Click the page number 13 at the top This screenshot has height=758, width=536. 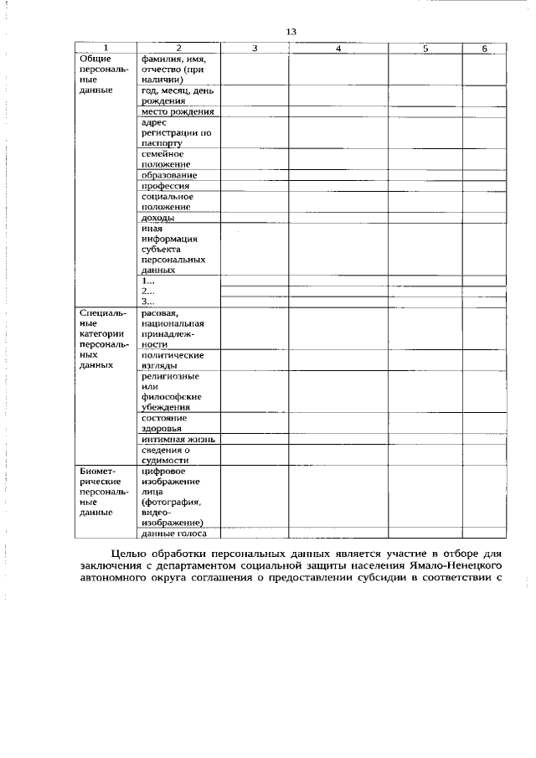291,32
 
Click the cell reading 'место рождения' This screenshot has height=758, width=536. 178,111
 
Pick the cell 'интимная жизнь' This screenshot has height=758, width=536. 178,438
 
